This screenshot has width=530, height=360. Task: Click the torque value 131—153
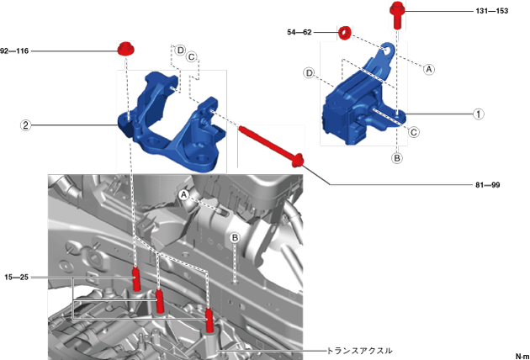pyautogui.click(x=492, y=11)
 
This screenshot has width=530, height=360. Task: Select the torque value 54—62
pyautogui.click(x=299, y=32)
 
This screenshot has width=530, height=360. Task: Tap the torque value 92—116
pyautogui.click(x=14, y=51)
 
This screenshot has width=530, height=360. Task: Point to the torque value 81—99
pyautogui.click(x=487, y=185)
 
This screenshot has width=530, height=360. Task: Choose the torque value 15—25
pyautogui.click(x=16, y=278)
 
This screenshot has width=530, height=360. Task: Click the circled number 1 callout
pyautogui.click(x=479, y=114)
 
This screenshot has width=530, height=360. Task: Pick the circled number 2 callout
pyautogui.click(x=26, y=125)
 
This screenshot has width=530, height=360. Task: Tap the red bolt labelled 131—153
pyautogui.click(x=397, y=15)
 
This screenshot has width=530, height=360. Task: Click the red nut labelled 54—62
pyautogui.click(x=345, y=33)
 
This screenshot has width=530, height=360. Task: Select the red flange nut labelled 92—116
pyautogui.click(x=125, y=50)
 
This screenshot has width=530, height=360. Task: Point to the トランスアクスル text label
pyautogui.click(x=360, y=351)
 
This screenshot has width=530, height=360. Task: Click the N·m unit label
pyautogui.click(x=522, y=357)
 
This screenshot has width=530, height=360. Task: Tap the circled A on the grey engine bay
pyautogui.click(x=184, y=194)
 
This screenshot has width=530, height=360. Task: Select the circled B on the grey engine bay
pyautogui.click(x=235, y=238)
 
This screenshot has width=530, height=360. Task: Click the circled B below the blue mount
pyautogui.click(x=397, y=158)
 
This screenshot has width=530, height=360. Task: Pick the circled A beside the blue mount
pyautogui.click(x=429, y=69)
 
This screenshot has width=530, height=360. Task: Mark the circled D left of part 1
pyautogui.click(x=310, y=72)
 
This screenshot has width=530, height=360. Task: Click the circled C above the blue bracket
pyautogui.click(x=192, y=57)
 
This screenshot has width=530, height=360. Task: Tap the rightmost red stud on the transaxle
pyautogui.click(x=210, y=320)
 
